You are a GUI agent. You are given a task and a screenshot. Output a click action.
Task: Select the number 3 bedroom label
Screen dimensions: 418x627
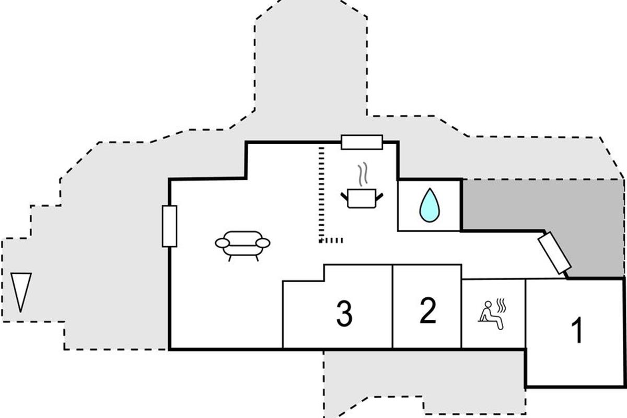(x=344, y=313)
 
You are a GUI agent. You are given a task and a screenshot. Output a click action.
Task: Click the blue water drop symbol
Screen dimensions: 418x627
(x=429, y=205)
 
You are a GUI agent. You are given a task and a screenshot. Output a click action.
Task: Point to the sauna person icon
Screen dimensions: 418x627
(x=490, y=315)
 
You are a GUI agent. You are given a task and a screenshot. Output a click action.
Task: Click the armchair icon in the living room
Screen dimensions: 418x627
(x=243, y=244)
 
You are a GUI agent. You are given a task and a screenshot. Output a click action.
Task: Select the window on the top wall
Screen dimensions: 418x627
(x=362, y=142)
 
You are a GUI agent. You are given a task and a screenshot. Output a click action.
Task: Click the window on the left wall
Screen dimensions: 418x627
(x=169, y=226)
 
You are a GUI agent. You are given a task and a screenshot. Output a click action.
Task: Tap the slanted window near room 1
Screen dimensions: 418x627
(x=554, y=253)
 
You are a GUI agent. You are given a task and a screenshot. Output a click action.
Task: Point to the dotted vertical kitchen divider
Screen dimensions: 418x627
(x=320, y=193)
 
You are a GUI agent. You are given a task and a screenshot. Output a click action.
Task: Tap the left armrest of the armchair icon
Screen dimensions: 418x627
(x=223, y=243)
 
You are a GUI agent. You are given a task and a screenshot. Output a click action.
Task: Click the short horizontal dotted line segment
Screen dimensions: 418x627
(x=331, y=240)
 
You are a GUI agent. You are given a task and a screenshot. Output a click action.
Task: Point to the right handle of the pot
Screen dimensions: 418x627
(x=380, y=196)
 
